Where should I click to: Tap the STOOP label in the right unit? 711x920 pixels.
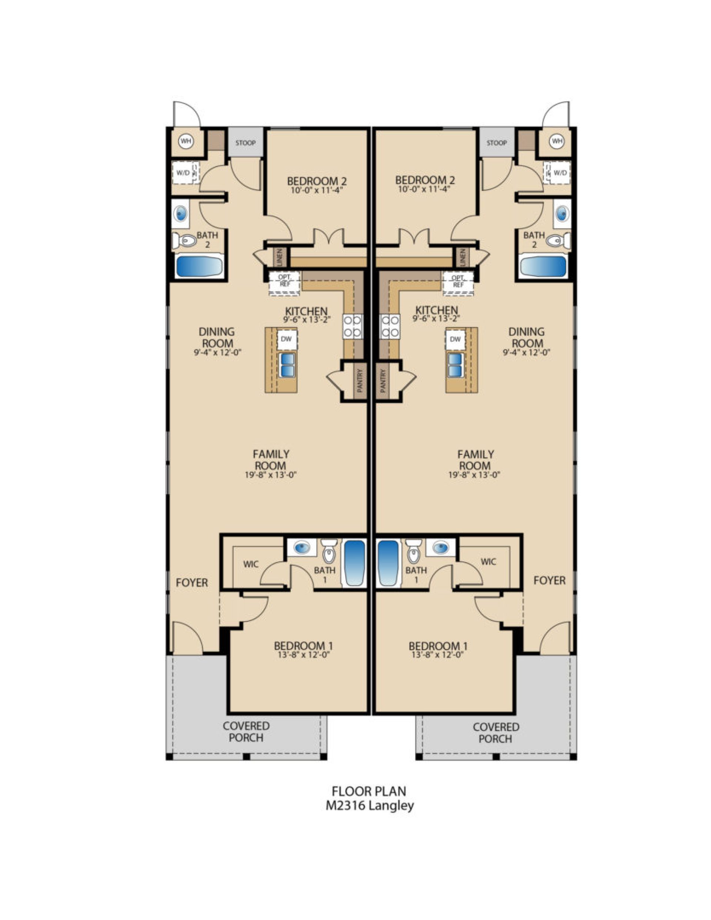(x=496, y=143)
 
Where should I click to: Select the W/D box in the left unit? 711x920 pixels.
(x=185, y=172)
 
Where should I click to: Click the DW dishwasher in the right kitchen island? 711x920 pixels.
(x=455, y=339)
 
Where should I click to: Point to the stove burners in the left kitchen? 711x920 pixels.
(x=352, y=326)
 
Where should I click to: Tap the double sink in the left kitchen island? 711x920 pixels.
(x=287, y=365)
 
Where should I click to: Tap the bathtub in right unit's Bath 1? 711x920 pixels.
(x=388, y=563)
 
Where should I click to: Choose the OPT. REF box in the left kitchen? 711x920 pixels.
(x=284, y=281)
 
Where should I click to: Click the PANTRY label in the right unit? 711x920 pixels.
(x=383, y=381)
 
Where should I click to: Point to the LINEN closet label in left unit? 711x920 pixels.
(x=279, y=256)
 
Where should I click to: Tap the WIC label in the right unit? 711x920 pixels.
(x=488, y=561)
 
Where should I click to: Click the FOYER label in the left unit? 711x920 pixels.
(x=192, y=582)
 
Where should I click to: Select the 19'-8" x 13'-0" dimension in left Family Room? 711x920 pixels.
(x=270, y=475)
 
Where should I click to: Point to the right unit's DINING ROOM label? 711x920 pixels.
(x=525, y=338)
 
